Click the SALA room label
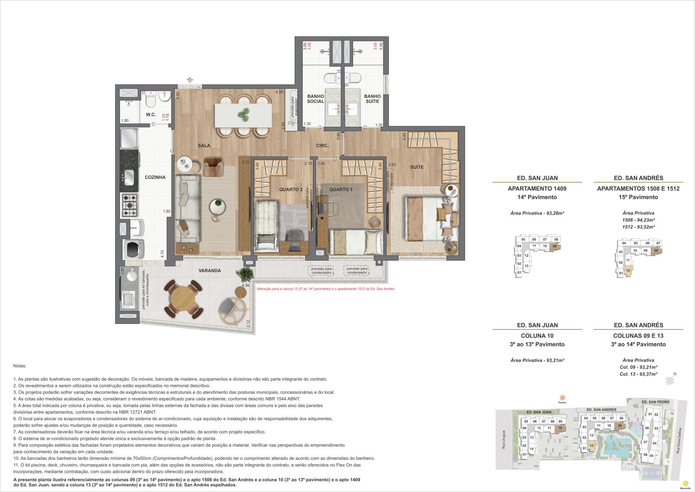[204, 146]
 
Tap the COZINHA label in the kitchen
[155, 177]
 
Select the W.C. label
[151, 114]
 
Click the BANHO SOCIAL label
[315, 99]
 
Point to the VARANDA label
[210, 271]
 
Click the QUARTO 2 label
[291, 189]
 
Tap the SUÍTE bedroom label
[417, 167]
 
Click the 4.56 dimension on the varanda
[245, 285]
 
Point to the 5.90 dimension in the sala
[177, 95]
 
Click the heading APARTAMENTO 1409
[537, 188]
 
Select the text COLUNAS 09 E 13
[638, 335]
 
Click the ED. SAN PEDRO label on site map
[655, 402]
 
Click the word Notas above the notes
[20, 366]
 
